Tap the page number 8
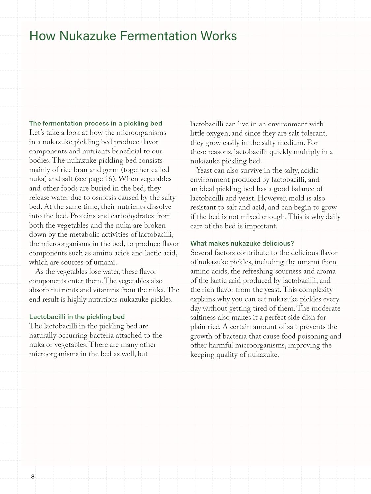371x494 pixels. coord(33,476)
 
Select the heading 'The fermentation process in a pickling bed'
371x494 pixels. coord(96,123)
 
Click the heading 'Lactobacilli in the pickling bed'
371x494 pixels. coord(77,317)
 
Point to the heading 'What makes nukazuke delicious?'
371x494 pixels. coord(242,243)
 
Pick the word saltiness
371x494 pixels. coord(205,318)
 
